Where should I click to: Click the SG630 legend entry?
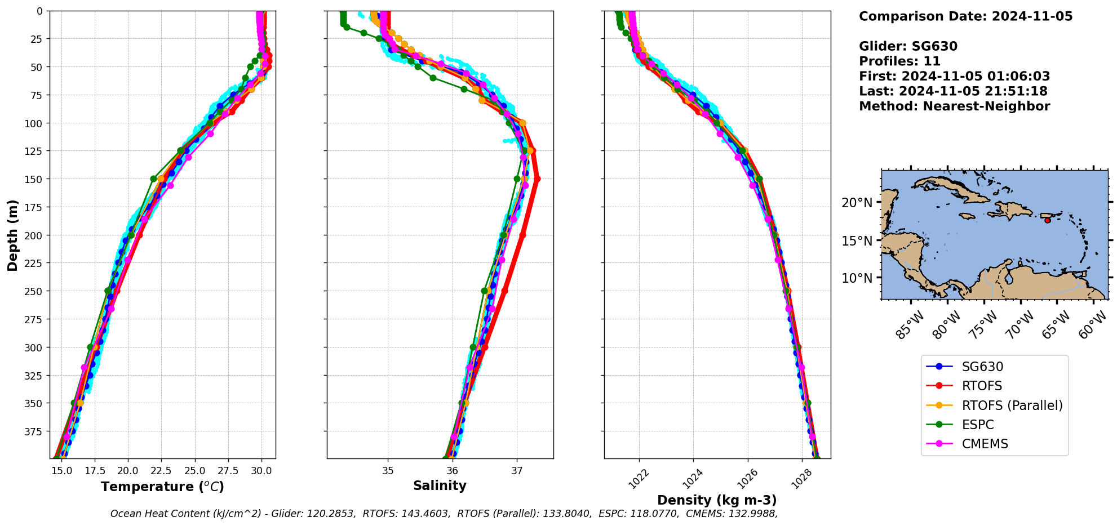coord(982,367)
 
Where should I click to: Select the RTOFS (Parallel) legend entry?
coord(1012,405)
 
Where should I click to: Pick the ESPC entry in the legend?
coord(977,425)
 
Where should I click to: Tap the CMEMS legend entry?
coord(985,444)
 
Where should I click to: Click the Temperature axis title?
coord(162,487)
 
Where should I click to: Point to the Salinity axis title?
coord(440,486)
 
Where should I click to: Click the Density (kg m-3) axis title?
coord(717,500)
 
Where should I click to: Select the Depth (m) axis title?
coord(12,235)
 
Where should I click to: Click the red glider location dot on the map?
coord(1047,220)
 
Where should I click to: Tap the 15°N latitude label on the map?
coord(857,241)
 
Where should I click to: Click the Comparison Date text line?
coord(965,16)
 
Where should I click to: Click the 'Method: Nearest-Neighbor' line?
coord(954,106)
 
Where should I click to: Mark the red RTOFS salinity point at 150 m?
coord(537,179)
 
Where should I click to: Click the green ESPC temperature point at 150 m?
coord(153,179)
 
